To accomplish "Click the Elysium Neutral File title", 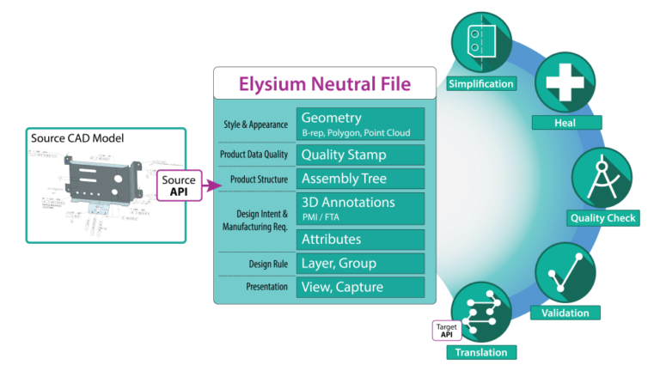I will coord(325,84).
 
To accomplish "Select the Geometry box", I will coord(360,124).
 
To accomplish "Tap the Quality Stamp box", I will coord(360,155).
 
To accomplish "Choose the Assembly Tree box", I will coord(360,179).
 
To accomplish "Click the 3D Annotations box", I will coord(360,208).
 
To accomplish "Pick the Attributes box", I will coord(360,239).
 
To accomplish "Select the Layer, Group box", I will coord(360,264).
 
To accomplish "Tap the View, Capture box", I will coord(360,287).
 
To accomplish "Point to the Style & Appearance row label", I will coord(254,125).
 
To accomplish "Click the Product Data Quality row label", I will coord(254,155).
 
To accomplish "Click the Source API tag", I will coord(180,185).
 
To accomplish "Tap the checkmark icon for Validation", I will coord(565,272).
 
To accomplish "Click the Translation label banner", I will coord(481,352).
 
